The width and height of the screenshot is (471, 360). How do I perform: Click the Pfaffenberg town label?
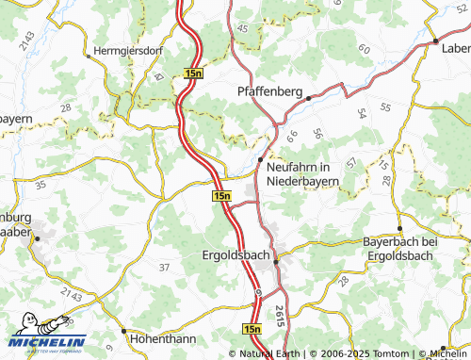(x=268, y=92)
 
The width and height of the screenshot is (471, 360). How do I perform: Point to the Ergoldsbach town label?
(x=236, y=255)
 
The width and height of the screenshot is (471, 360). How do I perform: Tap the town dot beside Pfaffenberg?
(x=308, y=96)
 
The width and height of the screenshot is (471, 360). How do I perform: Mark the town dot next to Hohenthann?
(x=124, y=331)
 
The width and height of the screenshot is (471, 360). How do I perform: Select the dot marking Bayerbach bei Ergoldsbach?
(x=400, y=228)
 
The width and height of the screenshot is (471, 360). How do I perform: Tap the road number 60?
(x=364, y=46)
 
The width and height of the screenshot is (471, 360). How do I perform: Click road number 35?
(x=40, y=186)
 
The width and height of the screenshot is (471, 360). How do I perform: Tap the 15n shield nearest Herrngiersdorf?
(x=194, y=73)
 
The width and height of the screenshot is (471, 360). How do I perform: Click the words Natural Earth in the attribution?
(x=272, y=353)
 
